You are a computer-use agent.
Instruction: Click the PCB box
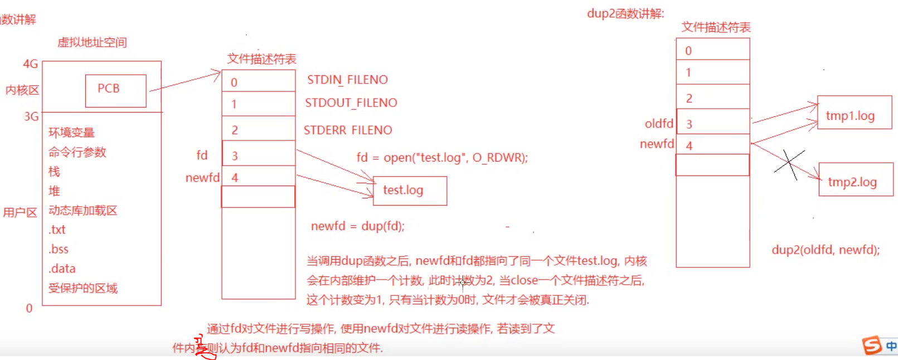click(x=115, y=90)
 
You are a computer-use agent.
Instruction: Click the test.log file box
click(x=410, y=191)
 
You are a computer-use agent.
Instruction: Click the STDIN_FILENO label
click(x=347, y=80)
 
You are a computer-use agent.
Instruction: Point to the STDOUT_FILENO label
click(x=351, y=103)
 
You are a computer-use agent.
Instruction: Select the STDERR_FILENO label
click(x=348, y=130)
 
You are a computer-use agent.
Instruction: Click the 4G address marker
click(x=30, y=64)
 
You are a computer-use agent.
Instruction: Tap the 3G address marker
click(x=31, y=116)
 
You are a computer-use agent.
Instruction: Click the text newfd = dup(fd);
click(x=358, y=226)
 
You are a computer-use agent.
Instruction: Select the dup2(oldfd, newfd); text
click(x=826, y=250)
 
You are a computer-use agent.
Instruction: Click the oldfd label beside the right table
click(x=659, y=124)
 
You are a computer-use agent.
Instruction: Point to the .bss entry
click(x=59, y=249)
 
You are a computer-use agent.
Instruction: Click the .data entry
click(x=62, y=269)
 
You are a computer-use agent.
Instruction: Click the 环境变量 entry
click(x=71, y=133)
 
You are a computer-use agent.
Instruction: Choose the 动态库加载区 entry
click(x=82, y=211)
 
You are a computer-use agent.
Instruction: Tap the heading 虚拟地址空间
click(x=92, y=42)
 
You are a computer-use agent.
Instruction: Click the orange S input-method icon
click(x=872, y=346)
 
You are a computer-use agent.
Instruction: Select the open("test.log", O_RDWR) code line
click(x=442, y=158)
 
